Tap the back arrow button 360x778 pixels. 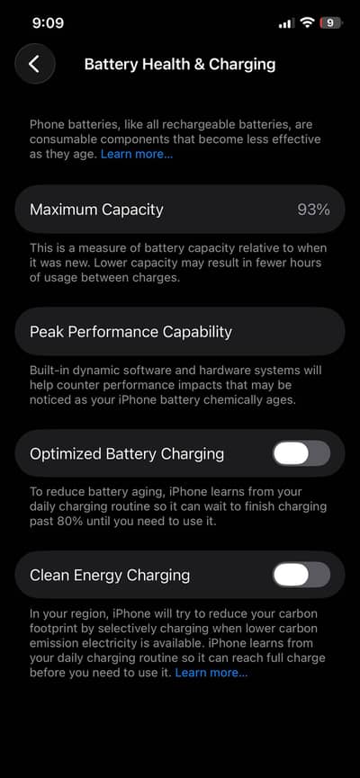coord(35,64)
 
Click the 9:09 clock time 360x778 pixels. coord(48,22)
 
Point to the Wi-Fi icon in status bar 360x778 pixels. coord(308,22)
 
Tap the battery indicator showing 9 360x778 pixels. coord(331,22)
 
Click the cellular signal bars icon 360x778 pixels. coord(286,23)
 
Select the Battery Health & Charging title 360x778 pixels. coord(180,65)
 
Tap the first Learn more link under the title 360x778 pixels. coord(137,154)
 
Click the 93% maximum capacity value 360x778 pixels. coord(314,210)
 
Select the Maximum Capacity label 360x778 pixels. coord(96,210)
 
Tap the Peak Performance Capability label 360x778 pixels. coord(130,332)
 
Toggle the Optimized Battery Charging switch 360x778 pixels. coord(301,453)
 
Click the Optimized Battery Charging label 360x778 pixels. coord(127,454)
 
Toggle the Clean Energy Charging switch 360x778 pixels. coord(301,575)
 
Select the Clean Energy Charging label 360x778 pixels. coord(110,576)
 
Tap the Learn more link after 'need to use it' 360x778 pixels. coord(211,673)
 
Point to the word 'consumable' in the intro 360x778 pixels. coord(62,139)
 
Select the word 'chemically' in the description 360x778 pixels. coord(239,400)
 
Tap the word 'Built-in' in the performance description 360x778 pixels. coord(49,371)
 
